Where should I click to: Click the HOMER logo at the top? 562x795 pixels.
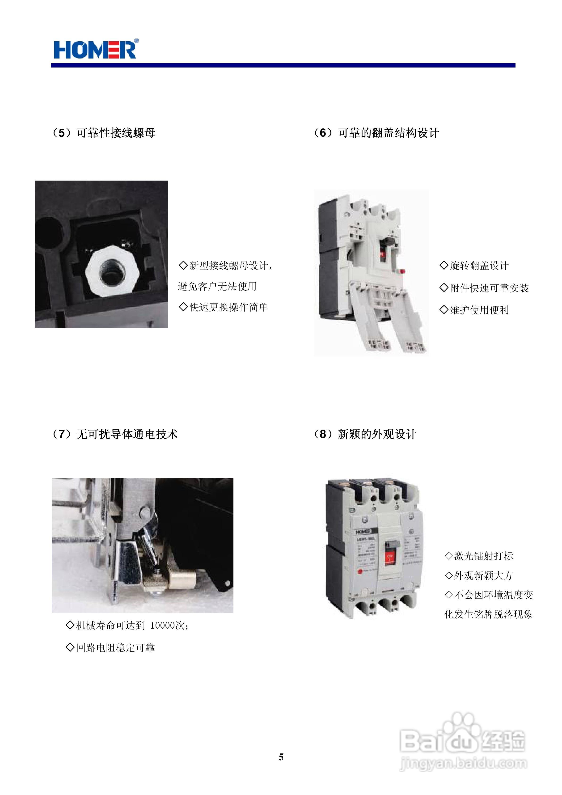point(95,50)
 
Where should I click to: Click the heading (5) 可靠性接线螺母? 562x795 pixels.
point(104,133)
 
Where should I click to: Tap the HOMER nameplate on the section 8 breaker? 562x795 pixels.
point(363,532)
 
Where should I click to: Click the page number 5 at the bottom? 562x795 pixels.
point(281,757)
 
